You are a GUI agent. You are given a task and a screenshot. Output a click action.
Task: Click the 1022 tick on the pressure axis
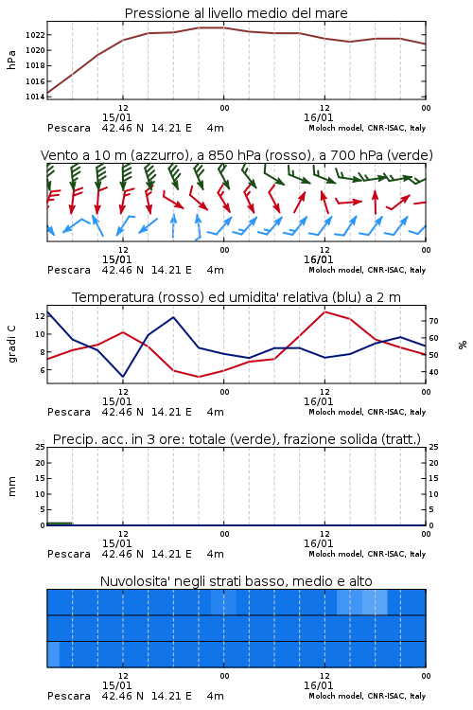point(34,35)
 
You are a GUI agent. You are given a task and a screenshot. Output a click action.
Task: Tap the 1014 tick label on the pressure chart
point(34,97)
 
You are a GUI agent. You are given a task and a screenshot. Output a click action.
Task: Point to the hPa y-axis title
point(11,60)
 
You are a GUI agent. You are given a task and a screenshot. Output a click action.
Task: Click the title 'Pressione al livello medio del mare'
point(236,13)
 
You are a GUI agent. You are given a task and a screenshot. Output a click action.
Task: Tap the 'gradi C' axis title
point(11,345)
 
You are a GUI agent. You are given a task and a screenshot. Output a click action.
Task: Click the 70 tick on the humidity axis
point(433,321)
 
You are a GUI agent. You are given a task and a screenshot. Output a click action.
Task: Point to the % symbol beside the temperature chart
point(463,345)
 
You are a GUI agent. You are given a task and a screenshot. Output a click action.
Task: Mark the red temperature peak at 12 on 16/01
point(324,311)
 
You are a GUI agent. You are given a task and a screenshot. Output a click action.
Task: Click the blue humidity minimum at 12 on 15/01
point(123,377)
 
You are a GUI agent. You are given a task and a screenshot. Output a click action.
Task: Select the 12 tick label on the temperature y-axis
point(40,316)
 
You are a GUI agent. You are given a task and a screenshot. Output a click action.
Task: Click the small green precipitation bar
point(60,524)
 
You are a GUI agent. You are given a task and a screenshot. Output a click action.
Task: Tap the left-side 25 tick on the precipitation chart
point(40,447)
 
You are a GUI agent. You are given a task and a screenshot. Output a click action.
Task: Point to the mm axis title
point(11,487)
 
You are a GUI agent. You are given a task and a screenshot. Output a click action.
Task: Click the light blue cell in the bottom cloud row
point(53,654)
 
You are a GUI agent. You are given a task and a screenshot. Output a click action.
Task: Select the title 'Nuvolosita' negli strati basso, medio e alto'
point(236,581)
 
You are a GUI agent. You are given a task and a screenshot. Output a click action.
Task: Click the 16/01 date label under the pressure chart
point(319,117)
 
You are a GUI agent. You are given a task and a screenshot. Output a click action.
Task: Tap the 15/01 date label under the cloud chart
point(116,685)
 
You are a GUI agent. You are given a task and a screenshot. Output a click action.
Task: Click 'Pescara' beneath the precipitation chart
point(69,554)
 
